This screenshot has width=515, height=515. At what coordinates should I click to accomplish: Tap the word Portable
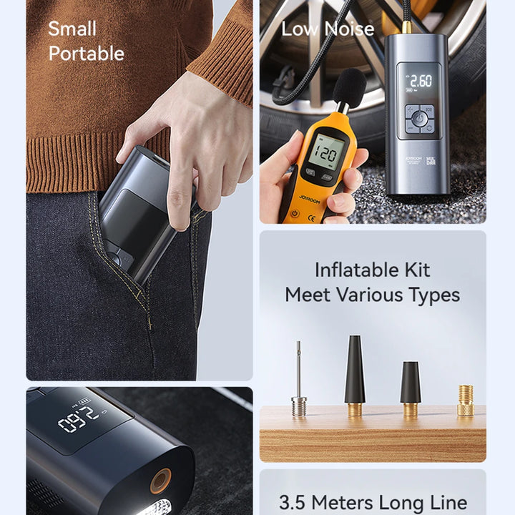pos(86,54)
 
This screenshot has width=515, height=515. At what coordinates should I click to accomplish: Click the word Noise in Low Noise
pos(348,29)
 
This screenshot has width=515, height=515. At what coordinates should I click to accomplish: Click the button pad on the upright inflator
pos(419,119)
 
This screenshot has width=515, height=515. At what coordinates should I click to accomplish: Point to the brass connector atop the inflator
pos(406,26)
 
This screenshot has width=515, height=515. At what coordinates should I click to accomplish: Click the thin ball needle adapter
pos(299,379)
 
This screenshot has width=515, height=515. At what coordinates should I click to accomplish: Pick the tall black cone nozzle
pos(355,372)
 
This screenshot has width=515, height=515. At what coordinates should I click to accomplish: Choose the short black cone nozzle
pos(410,386)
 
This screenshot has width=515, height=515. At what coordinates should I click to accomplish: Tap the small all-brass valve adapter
pos(465,400)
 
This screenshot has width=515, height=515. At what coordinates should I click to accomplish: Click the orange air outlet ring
pos(160,480)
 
